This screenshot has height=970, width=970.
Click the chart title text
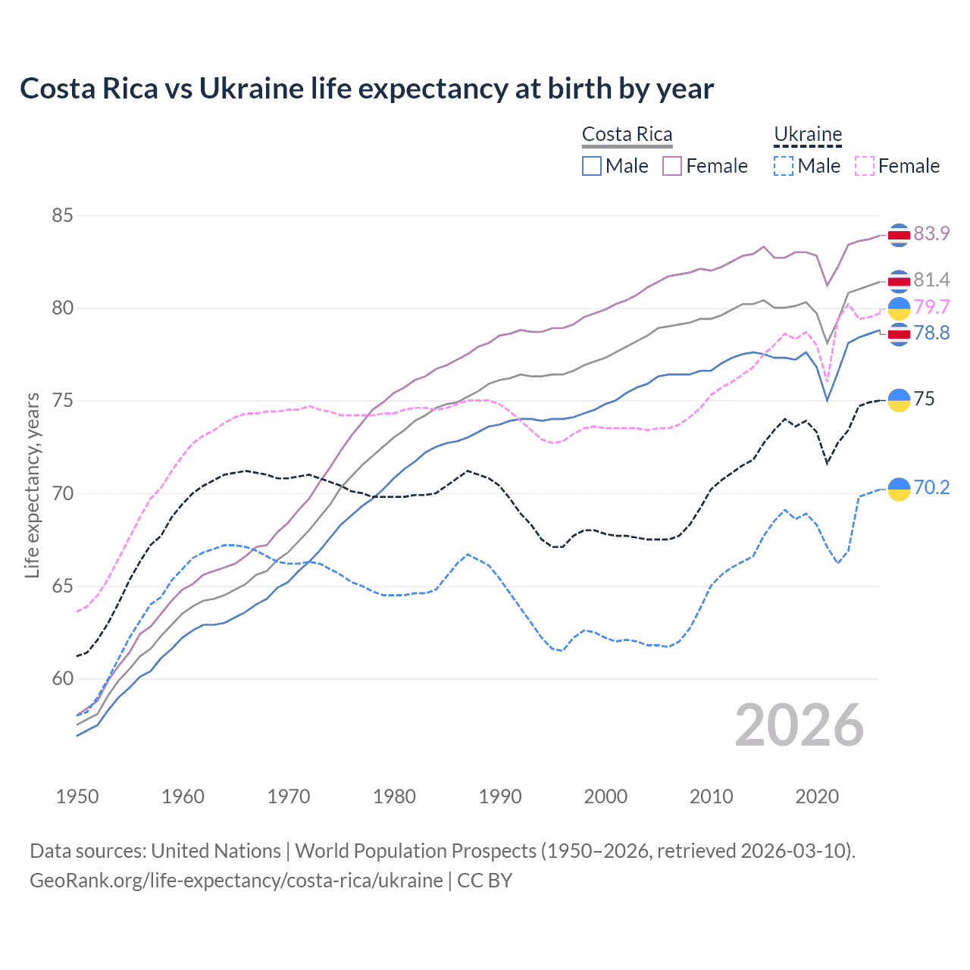(367, 89)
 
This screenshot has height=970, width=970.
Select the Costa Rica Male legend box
(592, 166)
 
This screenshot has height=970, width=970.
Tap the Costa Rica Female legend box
(672, 166)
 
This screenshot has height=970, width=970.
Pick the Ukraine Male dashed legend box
(784, 166)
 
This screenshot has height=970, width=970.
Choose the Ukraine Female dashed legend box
(865, 166)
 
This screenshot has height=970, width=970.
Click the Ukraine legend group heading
(808, 134)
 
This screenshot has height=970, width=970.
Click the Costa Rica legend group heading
(627, 134)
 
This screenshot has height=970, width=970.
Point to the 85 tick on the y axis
(62, 216)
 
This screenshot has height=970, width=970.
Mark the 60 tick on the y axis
(62, 679)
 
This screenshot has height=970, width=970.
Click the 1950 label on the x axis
(77, 796)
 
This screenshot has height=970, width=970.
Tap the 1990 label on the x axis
(500, 796)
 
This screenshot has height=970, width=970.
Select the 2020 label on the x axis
(817, 796)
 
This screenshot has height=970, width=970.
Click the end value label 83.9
(931, 233)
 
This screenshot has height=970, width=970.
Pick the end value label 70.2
(931, 487)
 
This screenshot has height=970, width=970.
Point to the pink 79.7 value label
(931, 307)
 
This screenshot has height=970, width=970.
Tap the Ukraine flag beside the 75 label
(899, 400)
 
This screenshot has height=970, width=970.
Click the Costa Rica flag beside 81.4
(899, 281)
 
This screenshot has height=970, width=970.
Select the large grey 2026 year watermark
(799, 725)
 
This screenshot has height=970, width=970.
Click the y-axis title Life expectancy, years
(33, 485)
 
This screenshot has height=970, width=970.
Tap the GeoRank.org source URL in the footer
(236, 881)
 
